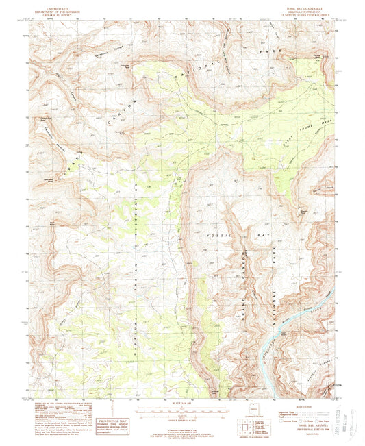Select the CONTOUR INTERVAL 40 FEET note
tap(181, 421)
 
